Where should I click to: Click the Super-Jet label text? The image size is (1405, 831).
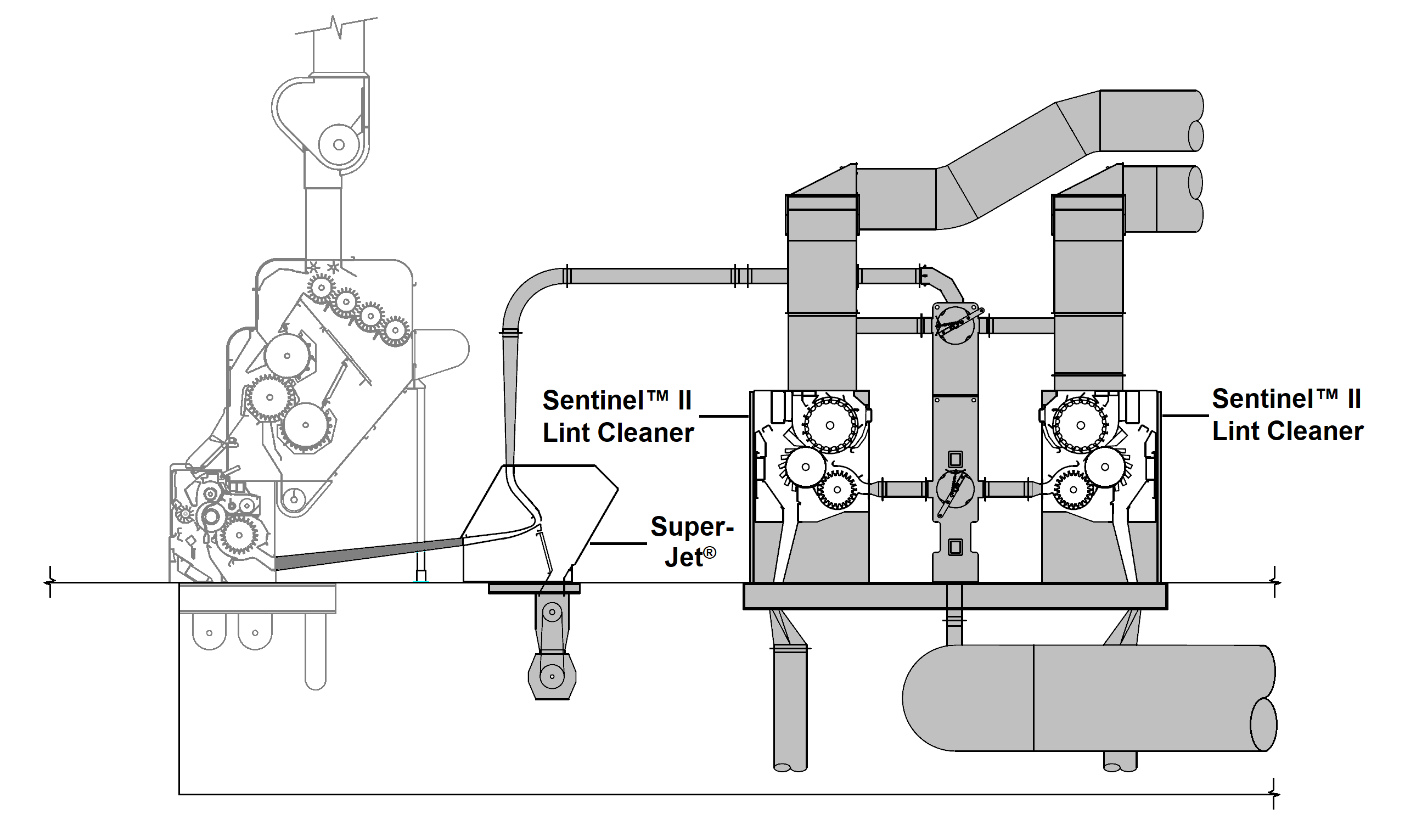coord(692,541)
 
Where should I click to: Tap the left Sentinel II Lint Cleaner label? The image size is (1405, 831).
coord(618,417)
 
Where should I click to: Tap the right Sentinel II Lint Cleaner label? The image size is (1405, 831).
coord(1287,415)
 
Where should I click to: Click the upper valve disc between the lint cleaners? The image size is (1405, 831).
coord(955,324)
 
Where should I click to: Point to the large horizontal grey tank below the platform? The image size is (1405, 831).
coord(1086,698)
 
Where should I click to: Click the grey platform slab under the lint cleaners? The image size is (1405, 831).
coord(955,597)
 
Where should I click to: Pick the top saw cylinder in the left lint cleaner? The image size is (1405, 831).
coord(830,425)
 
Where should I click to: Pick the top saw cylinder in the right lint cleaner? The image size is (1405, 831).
coord(1080,425)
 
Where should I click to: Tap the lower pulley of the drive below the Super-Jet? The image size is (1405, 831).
coord(552,676)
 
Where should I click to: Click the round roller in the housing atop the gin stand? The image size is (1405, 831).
coord(338,144)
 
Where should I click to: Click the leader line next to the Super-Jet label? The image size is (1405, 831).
coord(619,543)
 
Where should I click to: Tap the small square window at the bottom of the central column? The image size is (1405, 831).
coord(955,547)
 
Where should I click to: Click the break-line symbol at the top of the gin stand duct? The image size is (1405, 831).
coord(338,25)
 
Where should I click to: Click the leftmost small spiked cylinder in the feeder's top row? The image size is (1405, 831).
coord(321,288)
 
